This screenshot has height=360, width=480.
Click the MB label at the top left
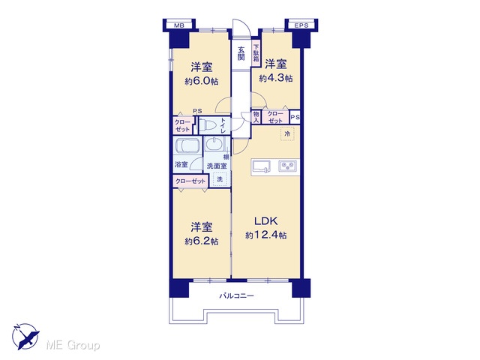[179, 25]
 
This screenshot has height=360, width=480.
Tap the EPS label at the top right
[301, 25]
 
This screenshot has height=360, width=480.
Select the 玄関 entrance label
[241, 53]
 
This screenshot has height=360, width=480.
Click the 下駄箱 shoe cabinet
[256, 54]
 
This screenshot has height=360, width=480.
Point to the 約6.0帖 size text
[202, 82]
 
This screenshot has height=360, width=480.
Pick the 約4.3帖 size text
[276, 78]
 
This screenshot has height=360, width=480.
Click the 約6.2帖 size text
[202, 241]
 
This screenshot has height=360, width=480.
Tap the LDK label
[266, 220]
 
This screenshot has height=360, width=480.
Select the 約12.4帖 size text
[266, 235]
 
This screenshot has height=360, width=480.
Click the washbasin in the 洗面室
[214, 144]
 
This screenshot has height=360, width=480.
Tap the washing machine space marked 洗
[220, 179]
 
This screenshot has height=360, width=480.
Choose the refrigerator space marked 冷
[287, 133]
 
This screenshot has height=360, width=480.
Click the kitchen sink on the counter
[262, 166]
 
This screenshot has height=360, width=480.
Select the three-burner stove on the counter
[288, 166]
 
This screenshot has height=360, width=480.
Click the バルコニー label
[236, 296]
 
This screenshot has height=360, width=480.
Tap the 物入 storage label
[256, 117]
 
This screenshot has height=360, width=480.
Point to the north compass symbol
[25, 336]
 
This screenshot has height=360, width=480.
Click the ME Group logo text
[73, 345]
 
